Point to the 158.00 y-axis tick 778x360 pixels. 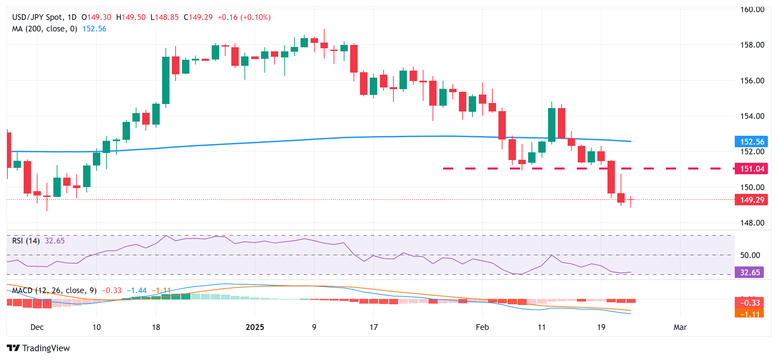click(x=752, y=45)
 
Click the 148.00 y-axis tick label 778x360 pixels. click(x=752, y=223)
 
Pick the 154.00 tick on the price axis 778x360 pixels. click(x=752, y=116)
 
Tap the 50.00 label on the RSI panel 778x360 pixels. click(x=750, y=255)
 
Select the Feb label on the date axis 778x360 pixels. click(x=482, y=327)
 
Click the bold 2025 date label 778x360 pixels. click(x=255, y=327)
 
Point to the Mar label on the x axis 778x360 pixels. click(x=680, y=327)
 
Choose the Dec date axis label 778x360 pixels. click(x=37, y=327)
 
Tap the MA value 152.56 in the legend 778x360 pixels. click(x=94, y=29)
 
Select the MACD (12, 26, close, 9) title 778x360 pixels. click(x=54, y=290)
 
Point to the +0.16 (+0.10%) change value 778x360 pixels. click(x=244, y=17)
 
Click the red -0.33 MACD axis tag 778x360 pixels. click(x=749, y=303)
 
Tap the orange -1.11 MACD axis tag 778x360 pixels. click(x=749, y=314)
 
